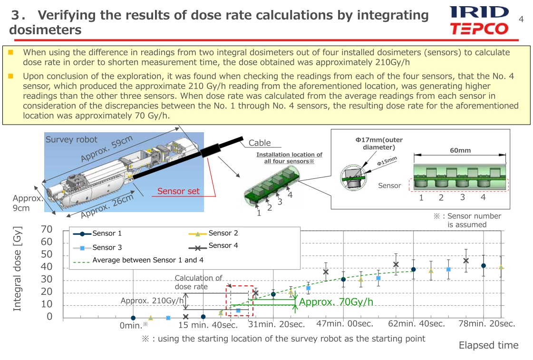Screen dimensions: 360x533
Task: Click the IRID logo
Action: coord(479,12)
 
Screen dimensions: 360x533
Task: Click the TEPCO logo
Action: coord(479,29)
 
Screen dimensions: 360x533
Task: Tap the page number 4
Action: coord(521,19)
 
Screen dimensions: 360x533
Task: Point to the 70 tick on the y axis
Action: coord(47,230)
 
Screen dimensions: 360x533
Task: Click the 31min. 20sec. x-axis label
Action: coord(276,324)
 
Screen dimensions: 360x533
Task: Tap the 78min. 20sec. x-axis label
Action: coord(487,324)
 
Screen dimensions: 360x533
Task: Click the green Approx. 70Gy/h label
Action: coord(336,302)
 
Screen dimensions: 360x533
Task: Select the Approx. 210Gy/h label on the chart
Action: coord(152,301)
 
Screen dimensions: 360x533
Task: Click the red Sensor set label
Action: coord(178,191)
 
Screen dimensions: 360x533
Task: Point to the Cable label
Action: coord(260,143)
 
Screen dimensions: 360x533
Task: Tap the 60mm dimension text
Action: coord(460,150)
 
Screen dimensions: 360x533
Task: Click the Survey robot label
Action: coord(71,139)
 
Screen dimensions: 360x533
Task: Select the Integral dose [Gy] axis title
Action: coord(17,269)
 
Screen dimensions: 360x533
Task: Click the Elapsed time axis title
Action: coord(488,345)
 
